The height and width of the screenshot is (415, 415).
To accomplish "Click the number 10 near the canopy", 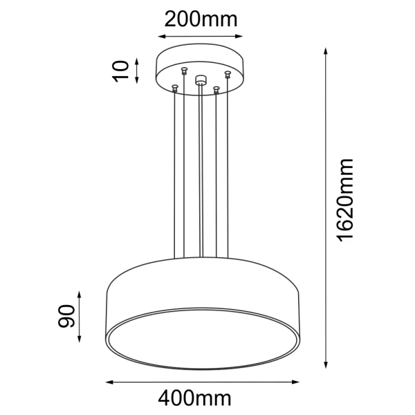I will point(122,71).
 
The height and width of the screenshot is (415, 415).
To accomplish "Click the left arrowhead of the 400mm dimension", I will point(108,381).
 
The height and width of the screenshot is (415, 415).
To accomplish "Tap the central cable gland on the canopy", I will point(201,80).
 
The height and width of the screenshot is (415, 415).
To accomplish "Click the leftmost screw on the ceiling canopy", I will point(175,86).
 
